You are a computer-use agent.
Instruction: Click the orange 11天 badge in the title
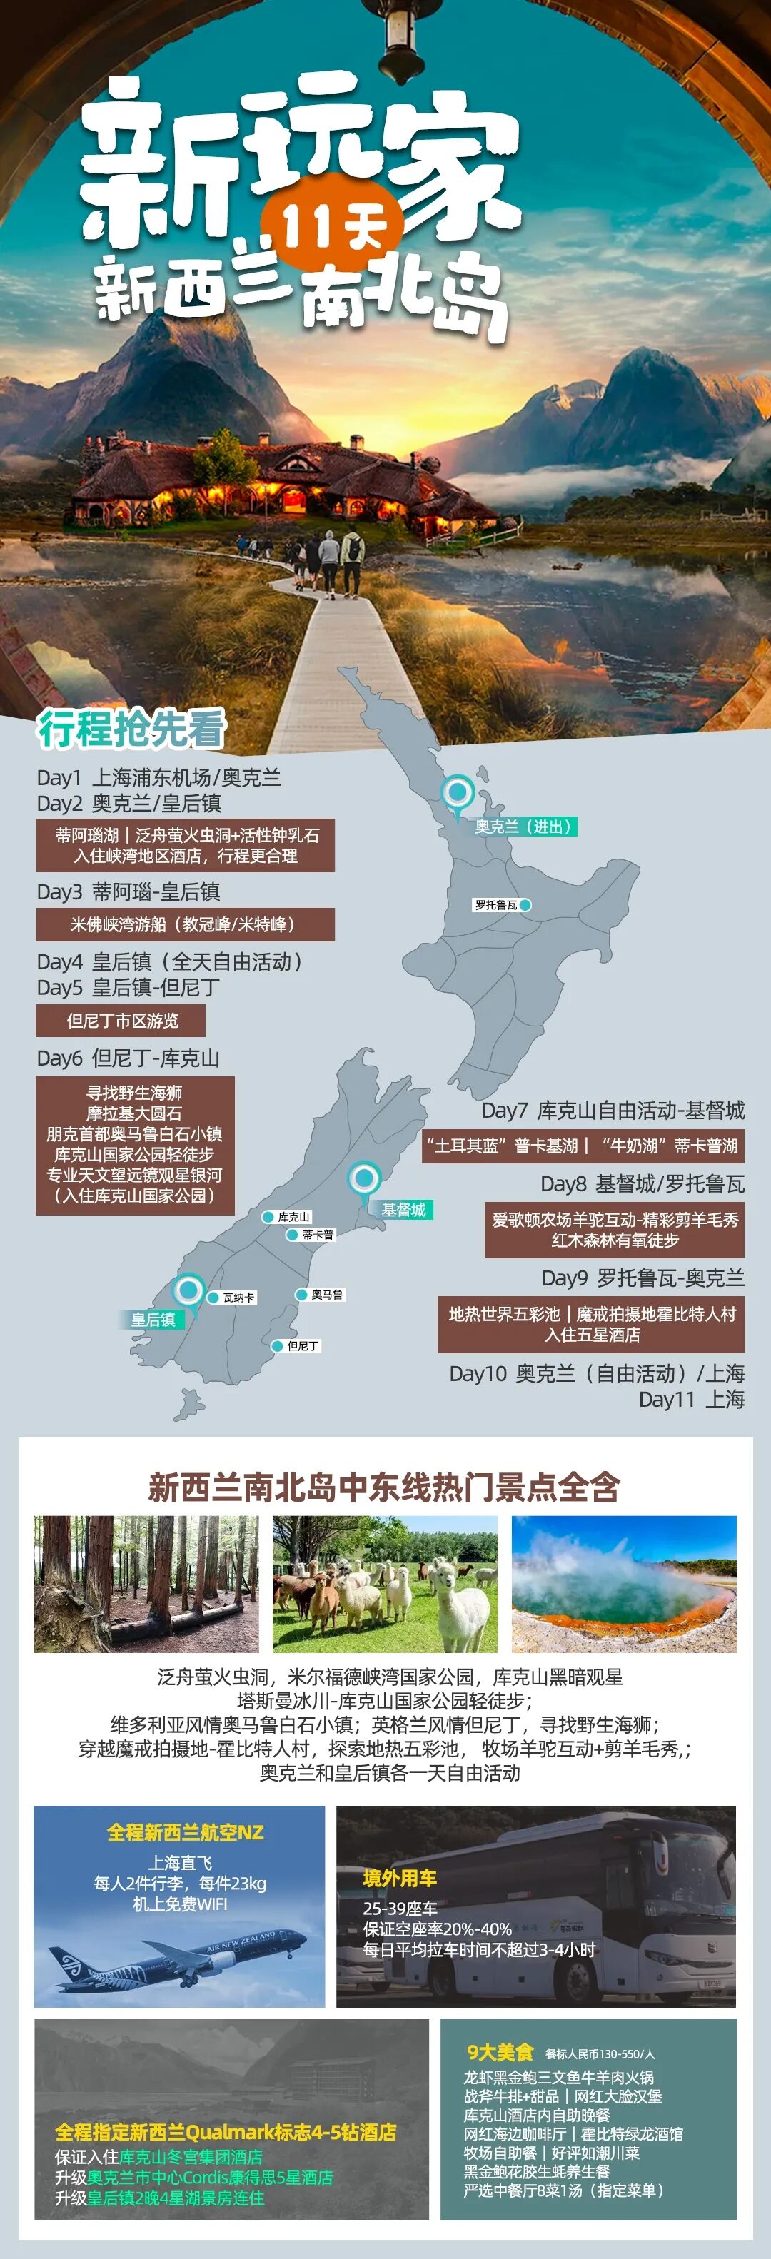coord(333,226)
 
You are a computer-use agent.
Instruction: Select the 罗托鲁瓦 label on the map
coord(496,904)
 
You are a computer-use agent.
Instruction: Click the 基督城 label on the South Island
coord(403,1209)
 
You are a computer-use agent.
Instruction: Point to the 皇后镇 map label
coord(153,1320)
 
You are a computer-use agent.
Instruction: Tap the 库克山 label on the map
coord(294,1216)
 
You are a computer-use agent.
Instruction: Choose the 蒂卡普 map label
coord(318,1234)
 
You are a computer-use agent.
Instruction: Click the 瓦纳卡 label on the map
coord(238,1297)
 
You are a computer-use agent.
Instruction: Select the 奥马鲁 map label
coord(327,1294)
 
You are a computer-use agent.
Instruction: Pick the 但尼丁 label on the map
coord(303,1345)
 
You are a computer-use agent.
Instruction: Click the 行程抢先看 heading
coord(131,729)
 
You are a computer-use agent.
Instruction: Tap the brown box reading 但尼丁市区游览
coord(121,1021)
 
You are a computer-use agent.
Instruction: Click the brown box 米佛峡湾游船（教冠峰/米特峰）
coord(185,924)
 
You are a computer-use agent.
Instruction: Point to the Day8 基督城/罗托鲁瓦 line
coord(642,1184)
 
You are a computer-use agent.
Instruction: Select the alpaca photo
coord(385,1584)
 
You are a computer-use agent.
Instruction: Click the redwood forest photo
coord(146,1584)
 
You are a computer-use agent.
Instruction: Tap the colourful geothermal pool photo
coord(624,1584)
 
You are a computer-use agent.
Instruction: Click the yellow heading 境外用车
coord(400,1879)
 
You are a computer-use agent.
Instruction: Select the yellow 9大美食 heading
coord(500,2052)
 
